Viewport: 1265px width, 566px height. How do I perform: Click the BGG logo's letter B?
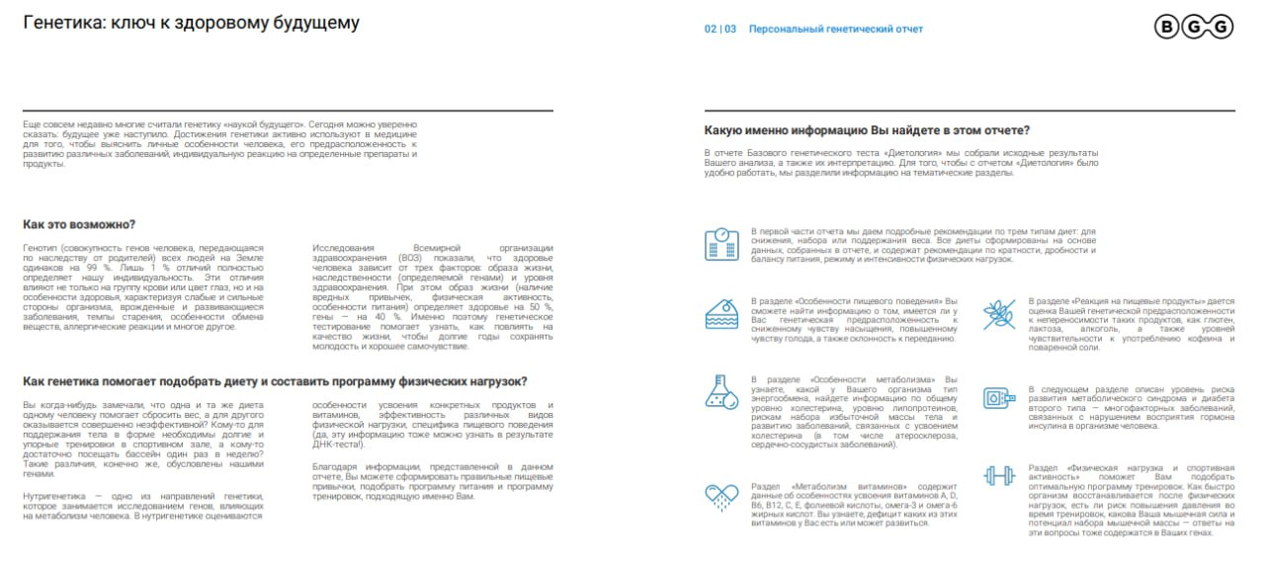pos(1167,28)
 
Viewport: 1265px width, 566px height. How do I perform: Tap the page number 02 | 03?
pos(720,30)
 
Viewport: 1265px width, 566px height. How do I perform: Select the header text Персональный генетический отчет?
pos(836,30)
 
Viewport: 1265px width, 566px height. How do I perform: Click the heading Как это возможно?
pos(79,224)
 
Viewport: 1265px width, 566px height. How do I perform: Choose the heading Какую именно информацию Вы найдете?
pos(867,130)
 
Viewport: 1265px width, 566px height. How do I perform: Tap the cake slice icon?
pos(721,316)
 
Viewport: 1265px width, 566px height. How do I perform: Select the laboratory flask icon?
pos(721,392)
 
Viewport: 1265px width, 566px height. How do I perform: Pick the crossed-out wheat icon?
pos(998,314)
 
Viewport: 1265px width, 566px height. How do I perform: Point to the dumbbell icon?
pos(998,475)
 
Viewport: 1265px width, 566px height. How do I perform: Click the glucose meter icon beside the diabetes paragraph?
pos(998,397)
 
